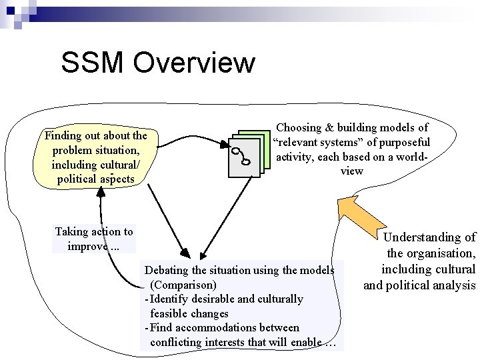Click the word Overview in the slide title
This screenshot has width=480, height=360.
click(194, 63)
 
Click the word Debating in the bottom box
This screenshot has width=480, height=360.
click(167, 270)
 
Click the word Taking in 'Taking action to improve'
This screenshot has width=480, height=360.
click(71, 232)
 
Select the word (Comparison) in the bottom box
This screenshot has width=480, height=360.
click(183, 285)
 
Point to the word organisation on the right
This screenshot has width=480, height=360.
click(440, 253)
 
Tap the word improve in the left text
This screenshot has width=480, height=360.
click(86, 246)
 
